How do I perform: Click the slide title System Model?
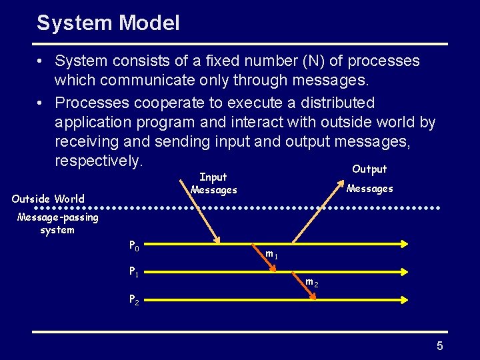pyautogui.click(x=108, y=23)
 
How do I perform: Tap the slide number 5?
pyautogui.click(x=439, y=345)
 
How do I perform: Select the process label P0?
pyautogui.click(x=134, y=246)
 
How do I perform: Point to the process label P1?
pyautogui.click(x=134, y=272)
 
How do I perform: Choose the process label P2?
pyautogui.click(x=134, y=299)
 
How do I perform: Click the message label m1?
pyautogui.click(x=271, y=254)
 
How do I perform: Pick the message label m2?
pyautogui.click(x=311, y=283)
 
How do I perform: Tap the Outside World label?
pyautogui.click(x=48, y=199)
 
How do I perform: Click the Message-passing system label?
pyautogui.click(x=57, y=223)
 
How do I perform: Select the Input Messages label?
pyautogui.click(x=213, y=183)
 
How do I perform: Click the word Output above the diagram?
pyautogui.click(x=369, y=169)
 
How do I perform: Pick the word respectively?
pyautogui.click(x=99, y=161)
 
